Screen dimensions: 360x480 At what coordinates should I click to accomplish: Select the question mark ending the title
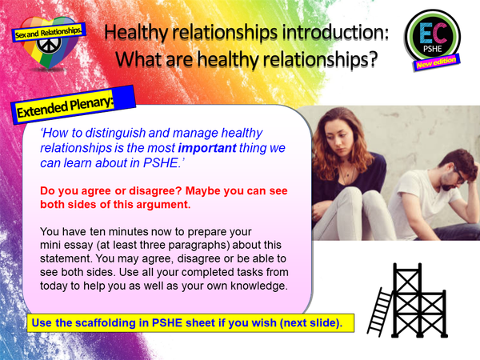(x=371, y=60)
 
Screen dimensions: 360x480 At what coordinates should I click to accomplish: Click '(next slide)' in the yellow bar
(x=299, y=323)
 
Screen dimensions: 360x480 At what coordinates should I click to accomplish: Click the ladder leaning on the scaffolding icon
(x=382, y=303)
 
